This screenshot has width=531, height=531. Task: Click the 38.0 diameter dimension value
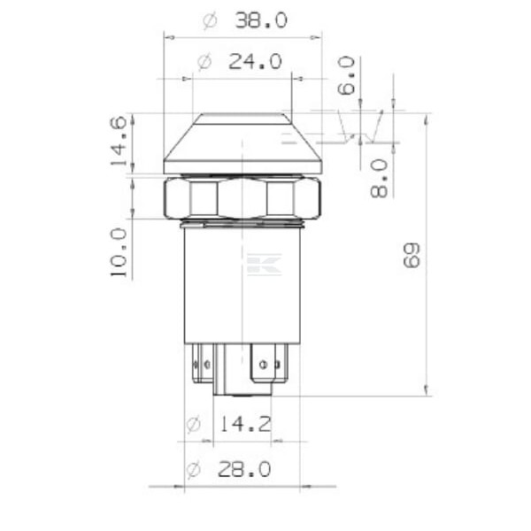[261, 20]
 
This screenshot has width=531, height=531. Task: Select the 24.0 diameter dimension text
[255, 62]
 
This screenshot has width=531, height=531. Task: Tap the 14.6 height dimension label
[119, 141]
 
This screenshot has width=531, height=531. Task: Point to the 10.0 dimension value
[119, 252]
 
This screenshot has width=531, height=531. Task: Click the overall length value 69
[412, 256]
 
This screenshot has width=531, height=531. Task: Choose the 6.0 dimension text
[346, 75]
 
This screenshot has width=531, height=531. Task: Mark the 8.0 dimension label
[379, 179]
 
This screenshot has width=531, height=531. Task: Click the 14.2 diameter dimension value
[245, 424]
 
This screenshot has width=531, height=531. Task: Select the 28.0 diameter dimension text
[244, 469]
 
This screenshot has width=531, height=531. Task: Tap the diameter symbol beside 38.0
[210, 21]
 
